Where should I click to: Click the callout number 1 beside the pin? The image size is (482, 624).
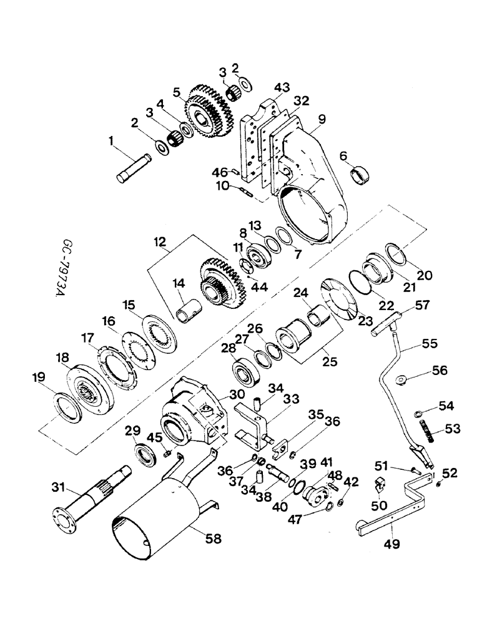pyautogui.click(x=112, y=143)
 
